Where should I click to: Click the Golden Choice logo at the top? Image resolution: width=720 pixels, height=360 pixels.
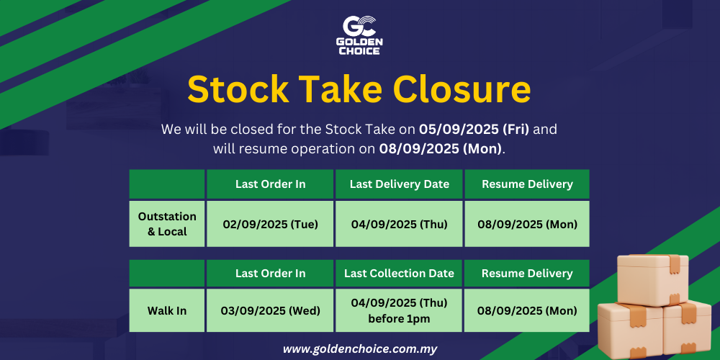coord(360,35)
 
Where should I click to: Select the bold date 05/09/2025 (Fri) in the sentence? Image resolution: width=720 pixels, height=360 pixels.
coord(474,130)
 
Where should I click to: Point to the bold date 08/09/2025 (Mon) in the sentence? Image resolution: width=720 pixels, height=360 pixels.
coord(441,149)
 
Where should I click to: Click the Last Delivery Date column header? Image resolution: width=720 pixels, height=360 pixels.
coord(399,184)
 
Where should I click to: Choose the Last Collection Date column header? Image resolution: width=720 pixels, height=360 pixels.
coord(399,273)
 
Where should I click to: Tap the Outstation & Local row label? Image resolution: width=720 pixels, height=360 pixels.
coord(167,224)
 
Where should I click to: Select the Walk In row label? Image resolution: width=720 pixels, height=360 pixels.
coord(167,310)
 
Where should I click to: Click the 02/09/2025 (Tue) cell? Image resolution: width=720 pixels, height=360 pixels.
coord(270,224)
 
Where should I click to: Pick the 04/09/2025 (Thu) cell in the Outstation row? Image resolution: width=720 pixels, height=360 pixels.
coord(399,224)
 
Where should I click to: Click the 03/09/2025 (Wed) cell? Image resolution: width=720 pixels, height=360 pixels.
coord(270,310)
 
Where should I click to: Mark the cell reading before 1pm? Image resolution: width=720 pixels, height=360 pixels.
coord(399,310)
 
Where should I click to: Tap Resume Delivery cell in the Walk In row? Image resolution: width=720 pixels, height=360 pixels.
coord(527,310)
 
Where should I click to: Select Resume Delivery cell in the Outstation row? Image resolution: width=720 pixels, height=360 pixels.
coord(527,224)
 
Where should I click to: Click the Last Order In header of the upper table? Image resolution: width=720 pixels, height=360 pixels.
coord(270,184)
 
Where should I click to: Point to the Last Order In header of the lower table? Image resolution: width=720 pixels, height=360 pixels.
coord(270,273)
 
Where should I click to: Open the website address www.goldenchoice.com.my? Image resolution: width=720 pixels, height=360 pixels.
coord(360,348)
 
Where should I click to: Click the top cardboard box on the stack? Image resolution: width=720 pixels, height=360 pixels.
coord(652,279)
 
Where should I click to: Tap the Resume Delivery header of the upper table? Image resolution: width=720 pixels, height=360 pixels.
coord(527,184)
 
